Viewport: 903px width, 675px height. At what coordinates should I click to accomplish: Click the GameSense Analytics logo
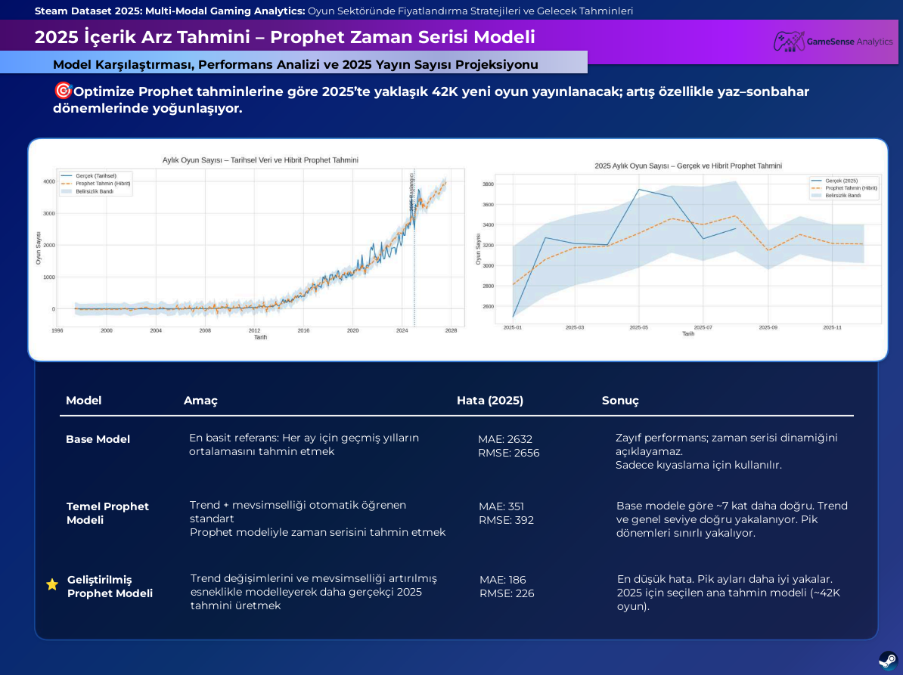[x=833, y=42]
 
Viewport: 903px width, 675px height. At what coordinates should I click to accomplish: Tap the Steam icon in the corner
[x=888, y=659]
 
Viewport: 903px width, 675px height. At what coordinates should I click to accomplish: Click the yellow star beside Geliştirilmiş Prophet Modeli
[x=52, y=584]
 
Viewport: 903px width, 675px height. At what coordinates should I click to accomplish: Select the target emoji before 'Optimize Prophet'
[x=63, y=91]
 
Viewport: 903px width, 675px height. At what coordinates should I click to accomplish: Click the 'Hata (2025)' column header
[x=489, y=401]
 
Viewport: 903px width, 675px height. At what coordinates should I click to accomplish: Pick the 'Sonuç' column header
[x=620, y=401]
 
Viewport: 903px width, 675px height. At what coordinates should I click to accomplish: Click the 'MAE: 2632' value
[x=504, y=439]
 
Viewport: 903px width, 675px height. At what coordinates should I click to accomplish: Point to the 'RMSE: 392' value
[x=506, y=520]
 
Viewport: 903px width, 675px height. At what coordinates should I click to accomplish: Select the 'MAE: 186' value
[x=502, y=580]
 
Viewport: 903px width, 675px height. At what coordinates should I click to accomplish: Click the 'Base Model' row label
[x=98, y=439]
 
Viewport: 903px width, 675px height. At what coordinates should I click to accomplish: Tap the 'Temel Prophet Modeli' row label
[x=107, y=513]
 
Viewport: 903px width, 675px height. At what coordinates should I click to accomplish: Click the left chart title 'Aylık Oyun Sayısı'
[x=260, y=160]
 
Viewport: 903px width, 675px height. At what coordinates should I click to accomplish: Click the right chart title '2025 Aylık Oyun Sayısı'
[x=687, y=166]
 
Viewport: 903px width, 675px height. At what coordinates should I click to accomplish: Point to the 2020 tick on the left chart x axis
[x=352, y=330]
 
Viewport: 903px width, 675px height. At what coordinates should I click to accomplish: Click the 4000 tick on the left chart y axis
[x=48, y=181]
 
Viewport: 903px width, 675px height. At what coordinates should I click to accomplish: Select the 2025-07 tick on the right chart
[x=703, y=327]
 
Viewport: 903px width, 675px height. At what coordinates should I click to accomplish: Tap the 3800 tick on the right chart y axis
[x=488, y=184]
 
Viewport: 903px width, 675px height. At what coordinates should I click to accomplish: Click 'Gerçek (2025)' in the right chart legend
[x=841, y=181]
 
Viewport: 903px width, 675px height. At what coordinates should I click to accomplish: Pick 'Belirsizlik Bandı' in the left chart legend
[x=94, y=191]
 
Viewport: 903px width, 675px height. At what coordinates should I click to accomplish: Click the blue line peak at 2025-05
[x=640, y=190]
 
